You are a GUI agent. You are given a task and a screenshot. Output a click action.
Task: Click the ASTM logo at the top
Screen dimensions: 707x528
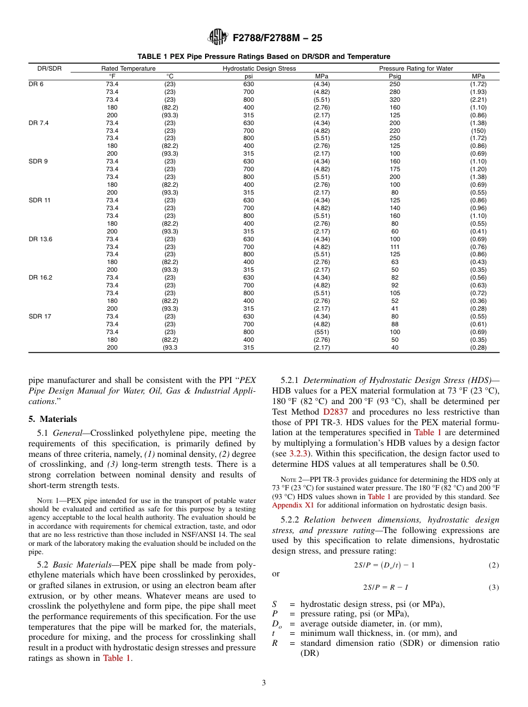point(217,37)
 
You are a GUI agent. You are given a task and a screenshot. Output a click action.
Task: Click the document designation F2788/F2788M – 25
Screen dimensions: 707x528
point(277,38)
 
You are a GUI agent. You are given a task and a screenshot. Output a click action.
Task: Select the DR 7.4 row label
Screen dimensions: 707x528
point(38,123)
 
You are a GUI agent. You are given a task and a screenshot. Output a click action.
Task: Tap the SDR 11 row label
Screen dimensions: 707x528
point(39,200)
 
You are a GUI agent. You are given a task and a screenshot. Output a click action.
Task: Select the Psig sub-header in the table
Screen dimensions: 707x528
point(395,76)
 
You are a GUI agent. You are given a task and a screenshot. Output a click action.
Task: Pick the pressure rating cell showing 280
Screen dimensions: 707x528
point(395,92)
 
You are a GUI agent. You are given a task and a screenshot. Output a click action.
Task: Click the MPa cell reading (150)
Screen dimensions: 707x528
point(478,131)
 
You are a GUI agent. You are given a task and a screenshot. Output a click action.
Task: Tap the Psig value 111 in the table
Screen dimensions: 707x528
point(395,247)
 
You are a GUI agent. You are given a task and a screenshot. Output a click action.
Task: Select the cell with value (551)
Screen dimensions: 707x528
point(322,332)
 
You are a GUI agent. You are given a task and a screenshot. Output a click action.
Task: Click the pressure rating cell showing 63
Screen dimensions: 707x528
point(395,262)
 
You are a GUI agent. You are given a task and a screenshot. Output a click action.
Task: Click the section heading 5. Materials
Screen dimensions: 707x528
point(53,419)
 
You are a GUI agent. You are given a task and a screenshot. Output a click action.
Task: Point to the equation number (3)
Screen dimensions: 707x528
point(494,587)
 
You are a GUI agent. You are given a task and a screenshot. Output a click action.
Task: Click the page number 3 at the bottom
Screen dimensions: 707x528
point(264,683)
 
